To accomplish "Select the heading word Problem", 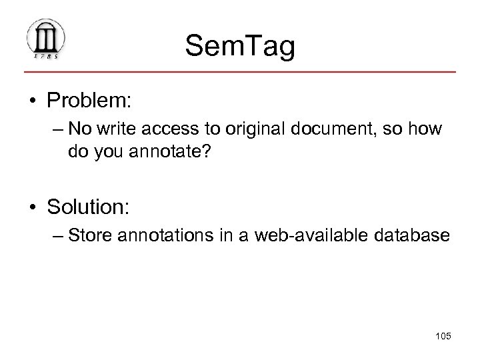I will (x=90, y=101).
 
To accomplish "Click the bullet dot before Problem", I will (x=33, y=102).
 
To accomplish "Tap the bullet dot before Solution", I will (x=33, y=207).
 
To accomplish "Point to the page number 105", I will (x=441, y=337).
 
